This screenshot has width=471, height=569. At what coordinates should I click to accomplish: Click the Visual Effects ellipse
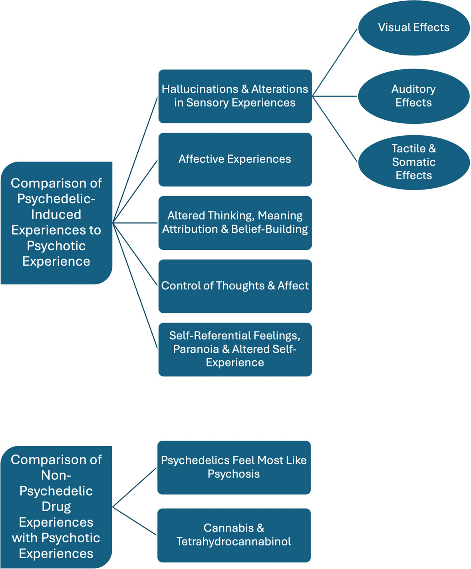(x=414, y=28)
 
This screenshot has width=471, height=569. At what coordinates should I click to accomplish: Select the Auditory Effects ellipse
(x=414, y=96)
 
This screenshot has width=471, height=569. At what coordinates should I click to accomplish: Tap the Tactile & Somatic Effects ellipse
(x=414, y=162)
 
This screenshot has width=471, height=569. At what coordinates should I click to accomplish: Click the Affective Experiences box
(x=235, y=160)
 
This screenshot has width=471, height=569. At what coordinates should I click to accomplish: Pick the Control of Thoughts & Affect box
(x=235, y=286)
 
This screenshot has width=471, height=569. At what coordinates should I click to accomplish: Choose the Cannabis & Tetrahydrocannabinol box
(x=234, y=535)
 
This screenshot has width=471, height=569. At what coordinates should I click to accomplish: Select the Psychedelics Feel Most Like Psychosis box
(x=234, y=468)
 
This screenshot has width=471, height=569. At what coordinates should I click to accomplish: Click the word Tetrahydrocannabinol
(x=234, y=541)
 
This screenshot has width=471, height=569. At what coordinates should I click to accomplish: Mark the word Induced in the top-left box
(x=56, y=214)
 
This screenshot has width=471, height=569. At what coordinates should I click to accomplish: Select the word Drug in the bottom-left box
(x=56, y=507)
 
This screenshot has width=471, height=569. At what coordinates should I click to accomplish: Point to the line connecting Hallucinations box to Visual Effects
(x=334, y=62)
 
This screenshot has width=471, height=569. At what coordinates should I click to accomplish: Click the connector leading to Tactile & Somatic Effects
(x=334, y=129)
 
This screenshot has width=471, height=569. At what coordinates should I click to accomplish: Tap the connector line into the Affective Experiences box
(x=135, y=191)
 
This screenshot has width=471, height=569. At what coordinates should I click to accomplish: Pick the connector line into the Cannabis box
(x=134, y=521)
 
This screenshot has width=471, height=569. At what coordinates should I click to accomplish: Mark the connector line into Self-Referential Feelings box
(x=135, y=286)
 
